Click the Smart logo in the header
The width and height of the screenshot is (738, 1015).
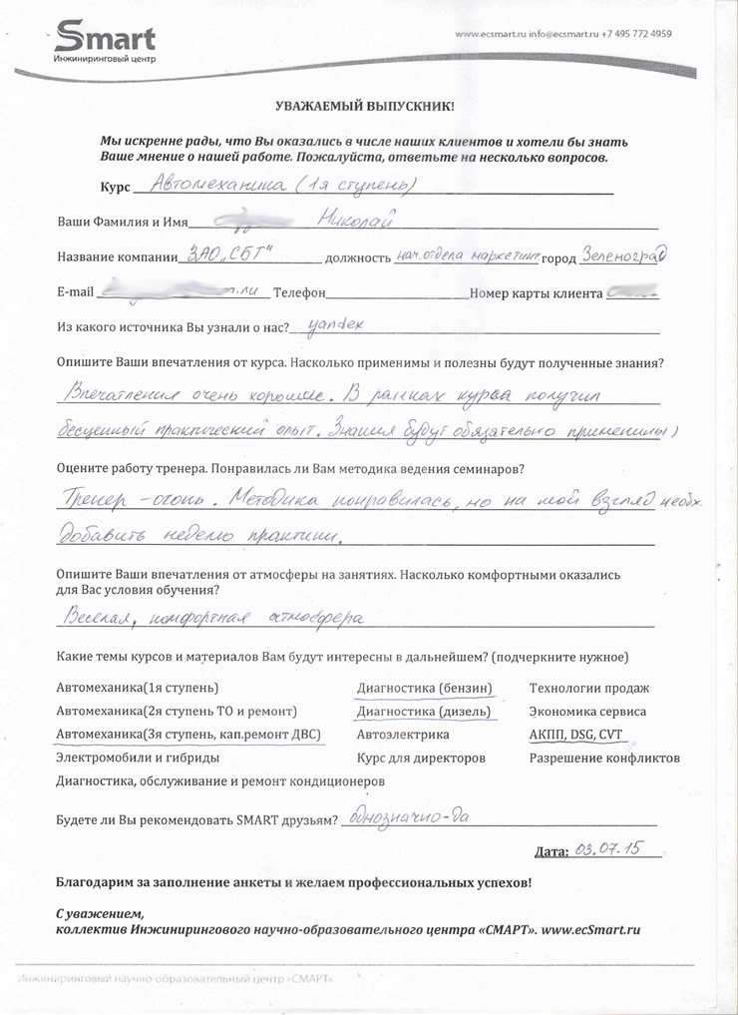[x=105, y=42]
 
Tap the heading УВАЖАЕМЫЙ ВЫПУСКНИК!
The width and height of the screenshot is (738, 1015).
[x=363, y=105]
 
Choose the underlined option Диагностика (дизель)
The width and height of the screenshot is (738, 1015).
[x=424, y=712]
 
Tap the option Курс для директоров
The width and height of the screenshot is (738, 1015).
[x=421, y=759]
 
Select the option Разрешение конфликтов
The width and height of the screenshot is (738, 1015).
[x=604, y=759]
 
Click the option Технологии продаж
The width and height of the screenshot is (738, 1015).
[x=588, y=688]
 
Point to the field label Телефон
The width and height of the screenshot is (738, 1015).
[x=299, y=293]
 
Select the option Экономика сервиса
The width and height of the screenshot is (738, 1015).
[x=587, y=712]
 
